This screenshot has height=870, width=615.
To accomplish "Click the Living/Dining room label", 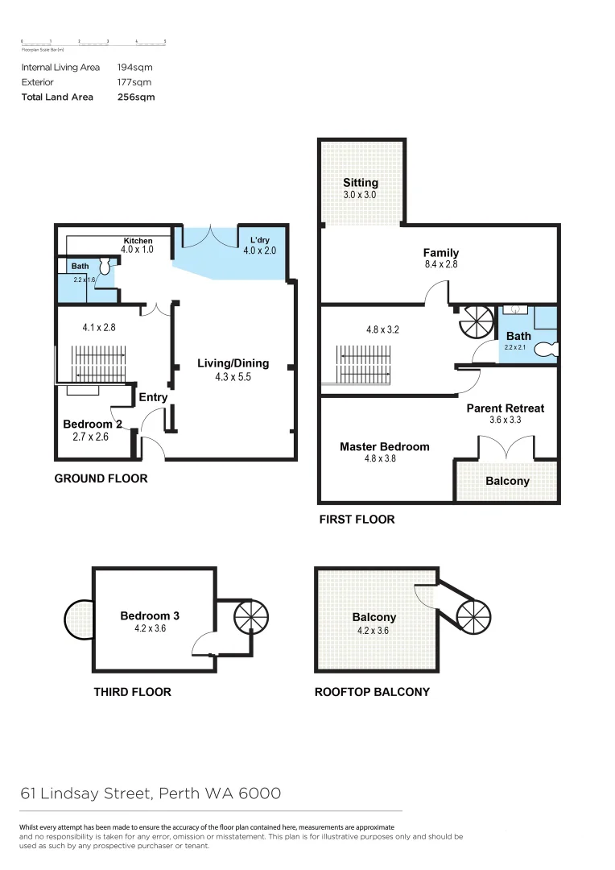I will point(233,363).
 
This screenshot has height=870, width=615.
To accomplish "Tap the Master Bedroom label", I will point(384,446).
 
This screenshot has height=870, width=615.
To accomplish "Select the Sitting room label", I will point(360,183).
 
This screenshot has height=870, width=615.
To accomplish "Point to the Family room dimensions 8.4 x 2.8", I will point(440,264).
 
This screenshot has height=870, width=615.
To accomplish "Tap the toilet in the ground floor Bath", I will point(104,265).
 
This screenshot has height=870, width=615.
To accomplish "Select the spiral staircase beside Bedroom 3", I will point(249,618).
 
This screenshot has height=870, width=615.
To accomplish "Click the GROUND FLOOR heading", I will point(101,478).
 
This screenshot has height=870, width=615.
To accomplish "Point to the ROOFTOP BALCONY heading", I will point(372,692).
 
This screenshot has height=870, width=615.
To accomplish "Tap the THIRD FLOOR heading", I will point(132,692).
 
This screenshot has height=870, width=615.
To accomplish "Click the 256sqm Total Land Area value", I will point(136,97).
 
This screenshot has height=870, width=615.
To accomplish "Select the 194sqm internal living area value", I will point(134,68).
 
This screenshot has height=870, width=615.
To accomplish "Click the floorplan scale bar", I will point(93,42).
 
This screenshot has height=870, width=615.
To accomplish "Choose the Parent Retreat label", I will point(505,408).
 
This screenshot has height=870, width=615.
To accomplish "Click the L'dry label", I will point(259,241).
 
